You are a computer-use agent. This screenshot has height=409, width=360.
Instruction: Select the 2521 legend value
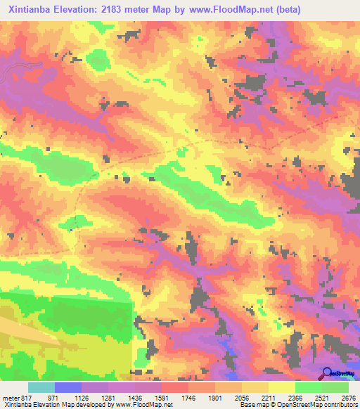coord(322,398)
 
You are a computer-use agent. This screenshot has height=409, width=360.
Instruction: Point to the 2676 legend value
coord(348,398)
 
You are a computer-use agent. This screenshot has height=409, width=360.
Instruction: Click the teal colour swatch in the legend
coord(41,387)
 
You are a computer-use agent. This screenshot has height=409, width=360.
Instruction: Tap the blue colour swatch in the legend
coord(68,387)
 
